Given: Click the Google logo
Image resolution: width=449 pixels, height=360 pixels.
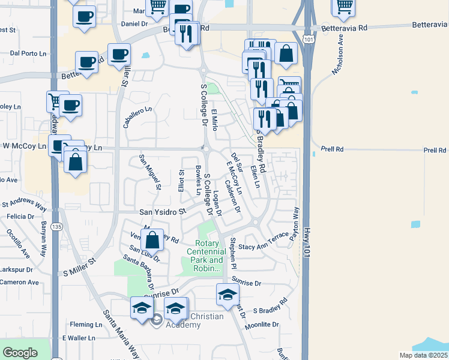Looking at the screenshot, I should (20, 353).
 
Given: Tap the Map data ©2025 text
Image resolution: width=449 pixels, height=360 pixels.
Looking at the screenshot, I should (424, 355).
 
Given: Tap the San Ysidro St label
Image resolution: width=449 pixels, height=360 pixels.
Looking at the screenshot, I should (163, 212).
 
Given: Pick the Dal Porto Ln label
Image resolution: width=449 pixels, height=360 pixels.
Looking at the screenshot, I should (29, 53).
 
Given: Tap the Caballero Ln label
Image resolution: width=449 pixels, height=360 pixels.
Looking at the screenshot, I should (137, 113).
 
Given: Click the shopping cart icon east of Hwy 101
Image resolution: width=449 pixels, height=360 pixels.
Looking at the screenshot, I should (343, 7).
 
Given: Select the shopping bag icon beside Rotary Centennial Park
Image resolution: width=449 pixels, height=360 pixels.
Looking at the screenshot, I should (153, 240).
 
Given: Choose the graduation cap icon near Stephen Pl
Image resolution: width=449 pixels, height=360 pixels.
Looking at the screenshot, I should (228, 294).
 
